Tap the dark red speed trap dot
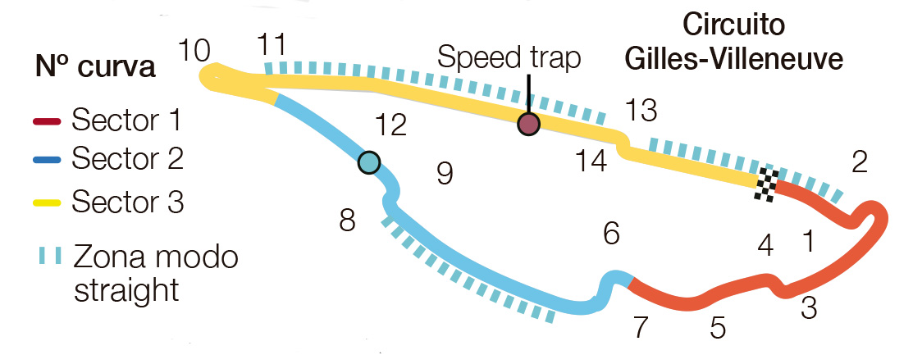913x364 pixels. click(x=528, y=124)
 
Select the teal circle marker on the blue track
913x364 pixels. click(x=368, y=162)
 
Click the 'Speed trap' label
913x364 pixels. click(x=509, y=58)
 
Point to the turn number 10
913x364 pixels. click(x=194, y=51)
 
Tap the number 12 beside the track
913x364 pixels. click(x=390, y=125)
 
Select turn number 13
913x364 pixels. click(x=641, y=110)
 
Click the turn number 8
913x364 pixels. click(x=348, y=221)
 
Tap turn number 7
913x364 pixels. click(x=641, y=329)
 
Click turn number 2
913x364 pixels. click(x=860, y=163)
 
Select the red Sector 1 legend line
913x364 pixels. click(x=47, y=121)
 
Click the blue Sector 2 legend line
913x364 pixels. click(x=47, y=161)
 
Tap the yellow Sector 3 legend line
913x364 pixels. click(x=47, y=203)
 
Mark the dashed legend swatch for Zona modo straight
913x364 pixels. click(x=48, y=257)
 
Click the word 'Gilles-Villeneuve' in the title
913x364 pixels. click(x=734, y=60)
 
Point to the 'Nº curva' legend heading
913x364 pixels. click(x=95, y=67)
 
